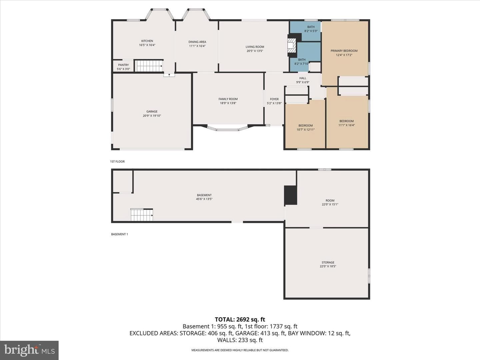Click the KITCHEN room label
147,41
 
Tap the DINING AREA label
197,42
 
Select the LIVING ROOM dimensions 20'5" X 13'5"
255,51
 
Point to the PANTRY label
123,65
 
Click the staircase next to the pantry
149,66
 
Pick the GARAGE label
152,111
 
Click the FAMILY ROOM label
228,99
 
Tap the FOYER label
274,99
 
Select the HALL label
303,78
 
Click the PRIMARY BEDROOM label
344,51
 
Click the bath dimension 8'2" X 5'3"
311,31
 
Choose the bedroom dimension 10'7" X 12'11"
305,130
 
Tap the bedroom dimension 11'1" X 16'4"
346,125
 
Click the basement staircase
142,215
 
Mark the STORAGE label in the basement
328,262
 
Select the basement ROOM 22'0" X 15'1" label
330,202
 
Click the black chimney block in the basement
290,195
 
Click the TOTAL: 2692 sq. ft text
240,319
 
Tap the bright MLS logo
29,350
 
